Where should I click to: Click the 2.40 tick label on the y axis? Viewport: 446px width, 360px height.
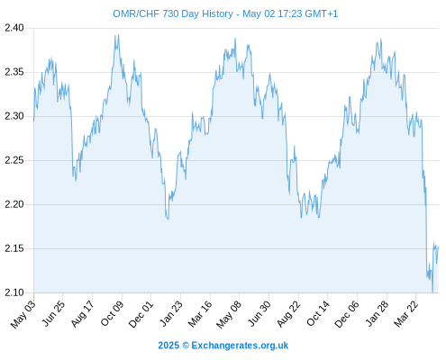click(14, 28)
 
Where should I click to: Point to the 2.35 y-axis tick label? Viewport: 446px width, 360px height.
click(14, 72)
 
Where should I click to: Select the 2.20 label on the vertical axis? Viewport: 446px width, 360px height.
click(14, 204)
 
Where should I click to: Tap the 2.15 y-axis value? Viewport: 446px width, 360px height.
click(14, 248)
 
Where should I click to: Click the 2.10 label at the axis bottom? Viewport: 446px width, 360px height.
click(14, 292)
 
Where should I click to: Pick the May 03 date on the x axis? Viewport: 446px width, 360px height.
click(23, 314)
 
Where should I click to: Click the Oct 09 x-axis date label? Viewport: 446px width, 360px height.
click(112, 313)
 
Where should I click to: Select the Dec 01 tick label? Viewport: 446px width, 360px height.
click(141, 314)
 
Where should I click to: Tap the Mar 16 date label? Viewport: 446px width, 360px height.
click(200, 314)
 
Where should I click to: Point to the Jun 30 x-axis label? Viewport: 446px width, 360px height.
click(259, 313)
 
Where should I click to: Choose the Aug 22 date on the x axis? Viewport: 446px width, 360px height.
click(288, 314)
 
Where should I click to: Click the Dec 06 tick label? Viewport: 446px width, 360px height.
click(347, 314)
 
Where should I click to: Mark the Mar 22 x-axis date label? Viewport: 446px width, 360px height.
click(405, 314)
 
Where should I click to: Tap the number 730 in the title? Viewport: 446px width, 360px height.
click(170, 13)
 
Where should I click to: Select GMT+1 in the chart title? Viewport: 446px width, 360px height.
click(321, 13)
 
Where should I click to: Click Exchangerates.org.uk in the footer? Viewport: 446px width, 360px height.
click(240, 346)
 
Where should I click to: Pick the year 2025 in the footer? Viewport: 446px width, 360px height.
click(168, 346)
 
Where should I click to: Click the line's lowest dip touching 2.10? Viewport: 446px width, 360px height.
click(432, 292)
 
